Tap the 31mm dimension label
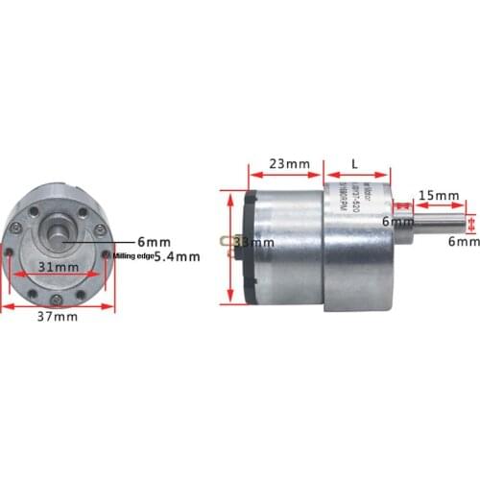pos(59,266)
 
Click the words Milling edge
pos(132,256)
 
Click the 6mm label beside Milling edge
pos(154,240)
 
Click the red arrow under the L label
pos(357,178)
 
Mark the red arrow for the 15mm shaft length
pos(440,204)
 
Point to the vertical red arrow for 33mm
pos(230,247)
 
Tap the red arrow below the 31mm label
pos(59,277)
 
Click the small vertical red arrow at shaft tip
pos(470,223)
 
